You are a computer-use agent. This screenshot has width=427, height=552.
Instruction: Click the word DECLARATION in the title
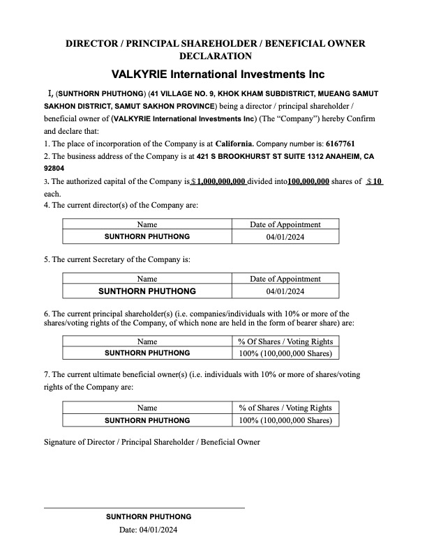point(216,56)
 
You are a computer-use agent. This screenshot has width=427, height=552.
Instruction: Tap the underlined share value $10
point(375,181)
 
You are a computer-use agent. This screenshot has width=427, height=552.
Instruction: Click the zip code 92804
point(55,169)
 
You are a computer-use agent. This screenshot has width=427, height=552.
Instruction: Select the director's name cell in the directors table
point(147,237)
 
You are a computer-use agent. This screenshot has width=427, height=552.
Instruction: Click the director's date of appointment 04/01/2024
point(285,237)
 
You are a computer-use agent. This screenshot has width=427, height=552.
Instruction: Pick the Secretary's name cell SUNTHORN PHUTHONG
point(147,291)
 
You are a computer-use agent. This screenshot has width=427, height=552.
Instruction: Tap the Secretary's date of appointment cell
point(285,291)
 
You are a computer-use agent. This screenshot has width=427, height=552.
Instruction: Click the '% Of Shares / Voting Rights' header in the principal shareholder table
point(285,342)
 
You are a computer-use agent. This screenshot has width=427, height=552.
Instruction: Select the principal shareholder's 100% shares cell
point(285,353)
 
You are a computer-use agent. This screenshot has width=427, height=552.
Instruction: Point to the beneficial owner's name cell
point(147,420)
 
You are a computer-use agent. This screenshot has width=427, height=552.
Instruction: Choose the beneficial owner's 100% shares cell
point(285,420)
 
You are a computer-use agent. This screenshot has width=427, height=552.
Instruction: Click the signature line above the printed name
point(144,508)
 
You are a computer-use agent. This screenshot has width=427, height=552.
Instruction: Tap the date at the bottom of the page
point(149,530)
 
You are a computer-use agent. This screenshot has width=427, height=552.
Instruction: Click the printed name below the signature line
point(149,516)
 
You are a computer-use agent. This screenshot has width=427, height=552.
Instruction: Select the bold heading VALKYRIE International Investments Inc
point(218,74)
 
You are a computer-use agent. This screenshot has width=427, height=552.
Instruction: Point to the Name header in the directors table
point(147,224)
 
